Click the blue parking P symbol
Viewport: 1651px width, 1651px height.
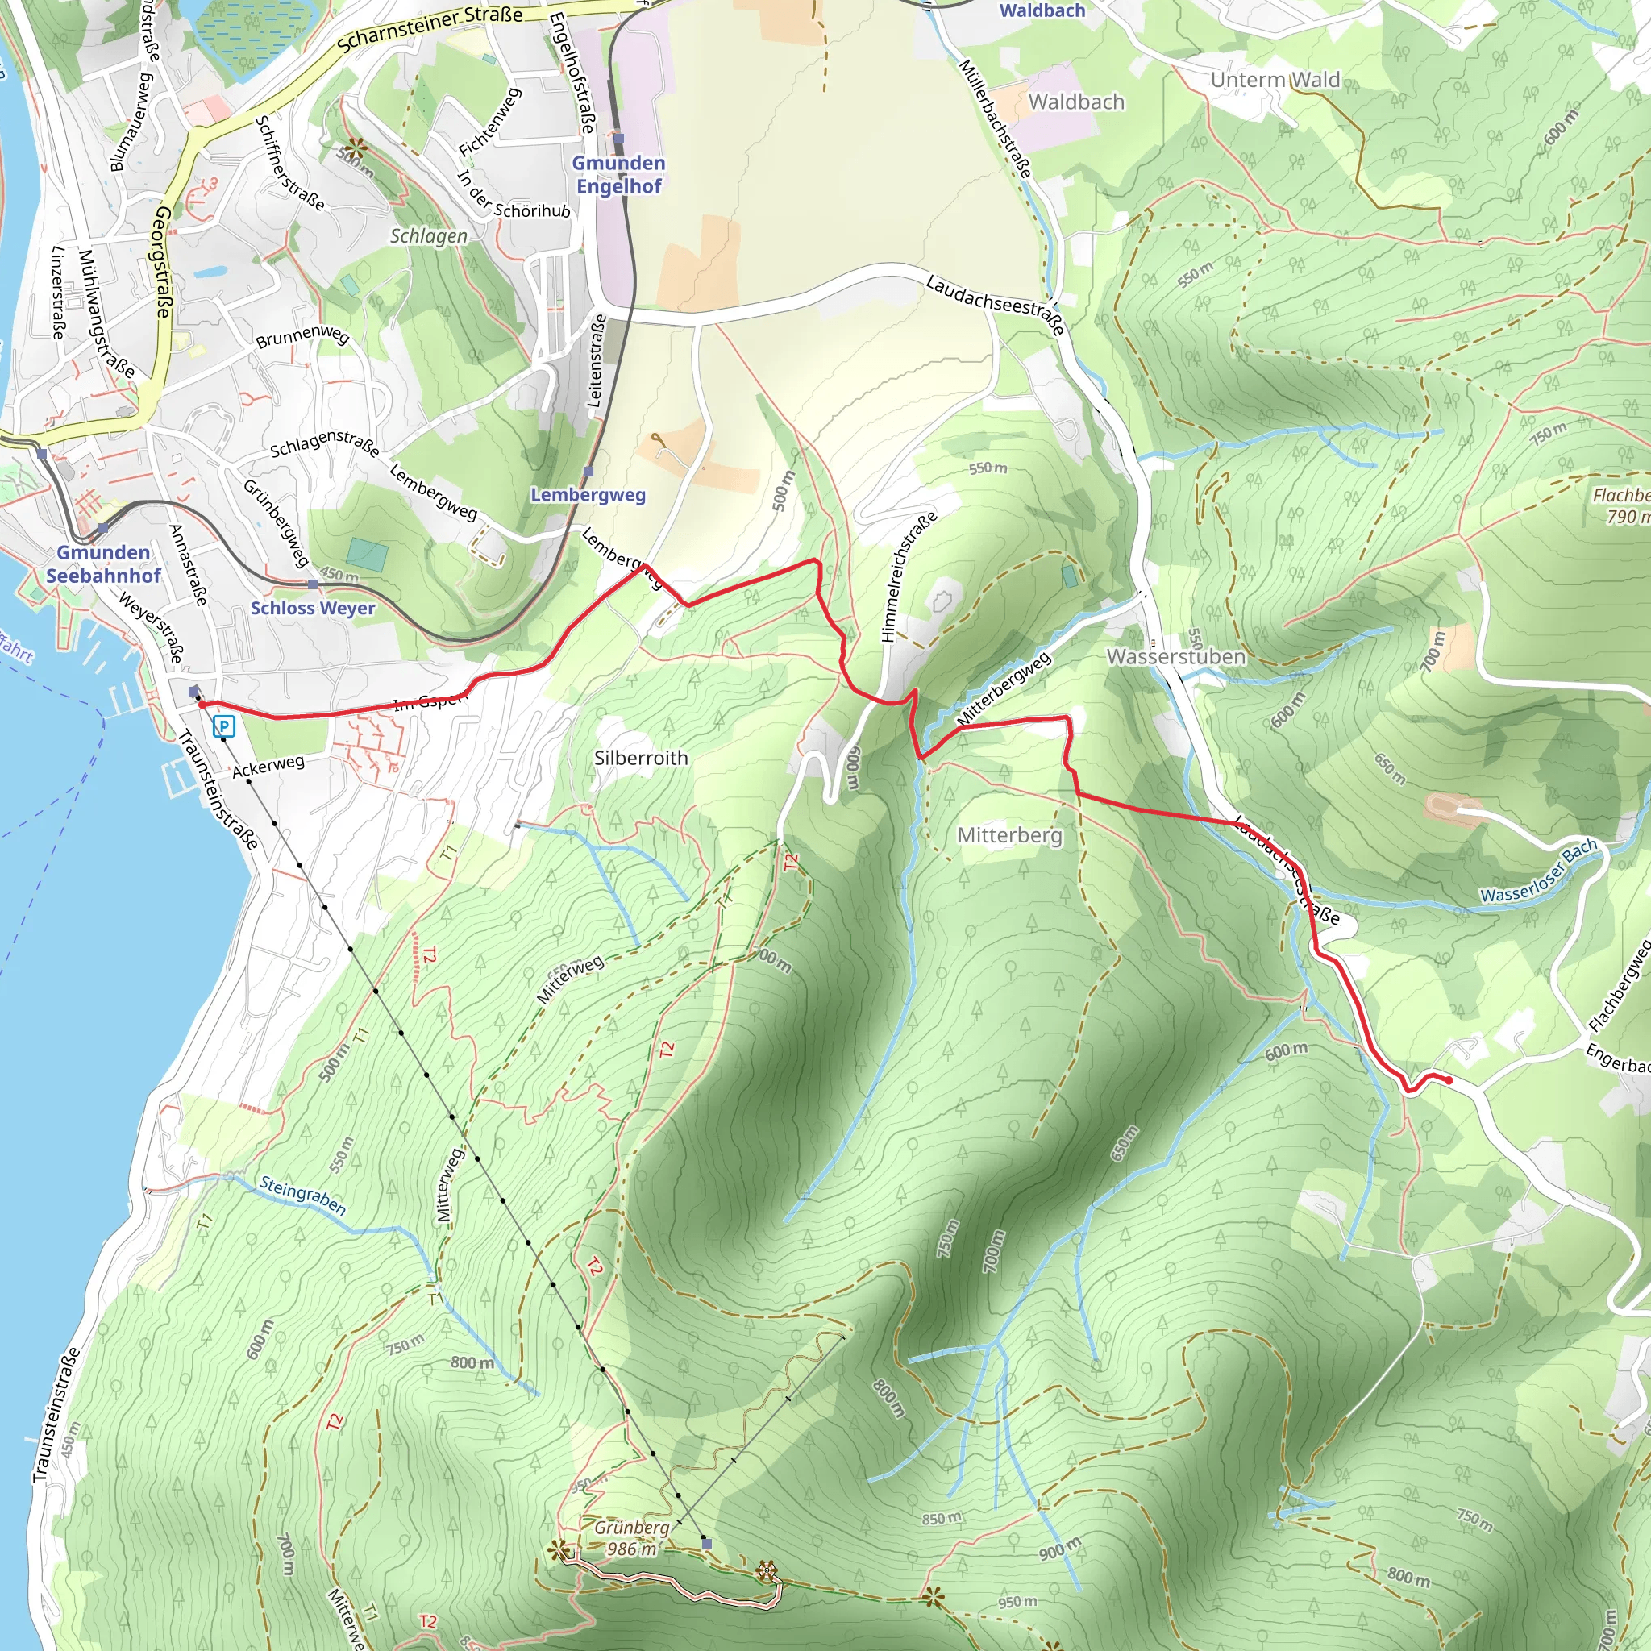click(224, 727)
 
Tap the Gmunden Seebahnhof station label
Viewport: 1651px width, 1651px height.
click(103, 564)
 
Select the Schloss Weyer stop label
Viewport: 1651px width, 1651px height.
click(313, 608)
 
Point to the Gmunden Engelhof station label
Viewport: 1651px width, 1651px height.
click(618, 174)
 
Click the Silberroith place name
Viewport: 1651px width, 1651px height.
click(641, 758)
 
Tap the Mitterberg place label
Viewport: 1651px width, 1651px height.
click(1009, 835)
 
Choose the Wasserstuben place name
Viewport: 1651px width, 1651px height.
click(1176, 656)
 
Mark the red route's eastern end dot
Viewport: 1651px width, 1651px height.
click(1449, 1081)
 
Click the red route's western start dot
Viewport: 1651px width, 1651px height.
click(202, 704)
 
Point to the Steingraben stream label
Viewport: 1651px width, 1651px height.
click(302, 1196)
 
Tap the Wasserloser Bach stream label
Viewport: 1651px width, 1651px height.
click(1539, 871)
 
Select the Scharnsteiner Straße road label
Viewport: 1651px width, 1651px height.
click(430, 29)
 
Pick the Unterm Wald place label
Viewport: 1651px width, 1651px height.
click(1275, 81)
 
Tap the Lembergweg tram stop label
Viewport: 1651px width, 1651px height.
click(588, 495)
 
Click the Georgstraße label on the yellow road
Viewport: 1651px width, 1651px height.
click(161, 262)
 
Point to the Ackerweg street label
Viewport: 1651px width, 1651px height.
click(268, 766)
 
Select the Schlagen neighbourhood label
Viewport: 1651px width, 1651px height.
click(429, 236)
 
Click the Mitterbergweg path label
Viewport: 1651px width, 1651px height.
click(1004, 688)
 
